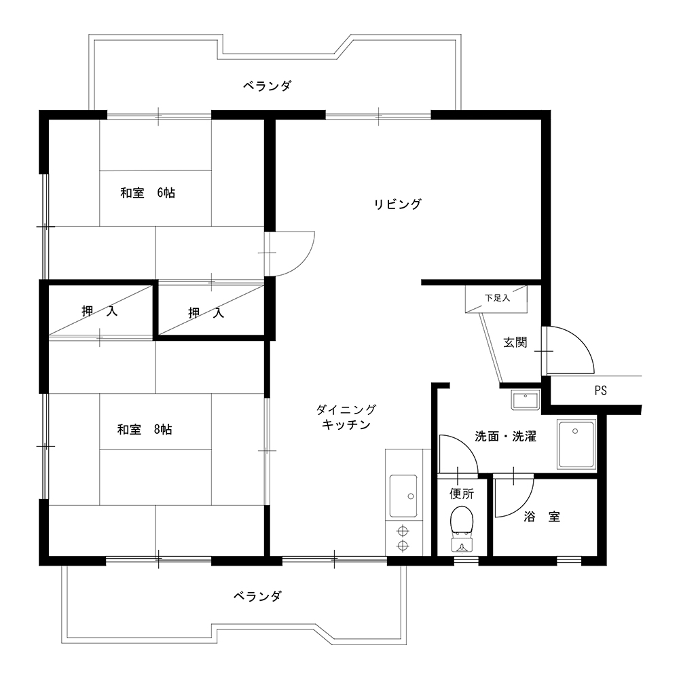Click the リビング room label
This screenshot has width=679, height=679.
click(397, 204)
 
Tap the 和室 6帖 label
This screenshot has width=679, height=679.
click(147, 193)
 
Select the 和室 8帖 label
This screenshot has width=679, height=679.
click(145, 430)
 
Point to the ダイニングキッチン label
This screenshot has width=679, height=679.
click(346, 417)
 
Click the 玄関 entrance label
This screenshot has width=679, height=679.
click(515, 342)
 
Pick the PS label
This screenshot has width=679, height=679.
click(601, 390)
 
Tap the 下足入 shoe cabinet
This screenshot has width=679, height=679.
click(496, 299)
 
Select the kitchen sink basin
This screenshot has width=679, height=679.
click(403, 496)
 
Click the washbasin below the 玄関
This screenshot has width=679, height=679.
click(525, 400)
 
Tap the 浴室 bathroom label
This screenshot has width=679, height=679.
click(542, 516)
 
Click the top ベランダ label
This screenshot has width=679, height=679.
click(267, 86)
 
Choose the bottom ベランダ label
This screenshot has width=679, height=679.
click(257, 596)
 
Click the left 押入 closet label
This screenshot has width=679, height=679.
click(100, 311)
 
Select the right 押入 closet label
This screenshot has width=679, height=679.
click(206, 312)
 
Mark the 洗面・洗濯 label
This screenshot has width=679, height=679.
click(506, 436)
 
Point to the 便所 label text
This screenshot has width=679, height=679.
click(462, 494)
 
